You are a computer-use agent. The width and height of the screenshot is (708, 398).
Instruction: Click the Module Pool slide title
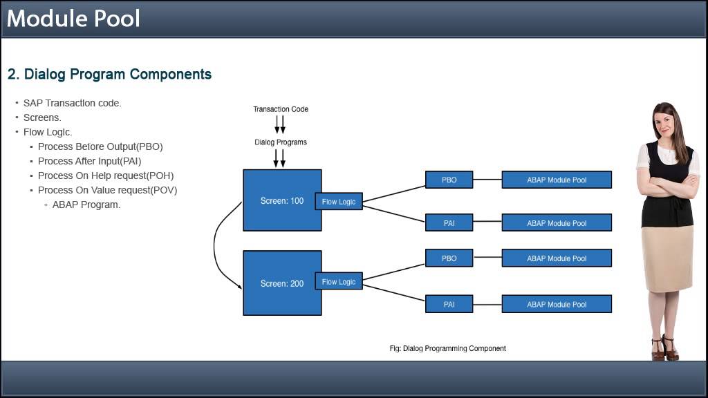[x=73, y=18]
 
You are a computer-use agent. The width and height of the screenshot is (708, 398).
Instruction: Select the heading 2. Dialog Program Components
[x=109, y=74]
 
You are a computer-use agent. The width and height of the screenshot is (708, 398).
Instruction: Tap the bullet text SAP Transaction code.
[x=72, y=103]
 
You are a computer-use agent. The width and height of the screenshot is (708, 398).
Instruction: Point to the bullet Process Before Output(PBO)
[x=100, y=146]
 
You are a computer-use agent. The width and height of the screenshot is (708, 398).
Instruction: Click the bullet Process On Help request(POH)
[x=105, y=176]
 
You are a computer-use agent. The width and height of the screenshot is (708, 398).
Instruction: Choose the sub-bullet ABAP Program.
[x=86, y=205]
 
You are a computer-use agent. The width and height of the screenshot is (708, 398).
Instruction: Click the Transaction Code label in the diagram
[x=280, y=109]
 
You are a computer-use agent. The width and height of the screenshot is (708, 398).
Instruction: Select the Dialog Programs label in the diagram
[x=280, y=142]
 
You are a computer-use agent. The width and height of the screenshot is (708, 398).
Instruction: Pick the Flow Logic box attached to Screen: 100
[x=339, y=201]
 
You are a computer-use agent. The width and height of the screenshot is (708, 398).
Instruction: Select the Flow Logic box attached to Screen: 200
[x=339, y=281]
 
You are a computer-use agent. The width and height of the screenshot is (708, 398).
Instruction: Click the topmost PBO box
[x=449, y=180]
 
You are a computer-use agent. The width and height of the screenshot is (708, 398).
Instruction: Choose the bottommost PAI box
[x=449, y=304]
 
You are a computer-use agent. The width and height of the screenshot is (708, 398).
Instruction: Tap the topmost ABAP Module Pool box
[x=557, y=180]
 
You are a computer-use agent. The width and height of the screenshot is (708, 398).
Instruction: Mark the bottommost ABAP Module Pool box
[x=557, y=304]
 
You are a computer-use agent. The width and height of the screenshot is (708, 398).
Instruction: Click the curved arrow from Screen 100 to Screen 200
[x=216, y=245]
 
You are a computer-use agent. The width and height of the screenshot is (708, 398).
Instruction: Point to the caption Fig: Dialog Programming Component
[x=447, y=348]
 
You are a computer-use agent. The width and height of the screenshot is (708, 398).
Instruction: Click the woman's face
[x=664, y=123]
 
